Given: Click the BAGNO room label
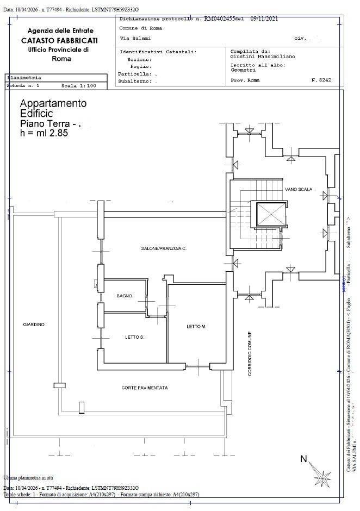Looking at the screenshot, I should point(124,296).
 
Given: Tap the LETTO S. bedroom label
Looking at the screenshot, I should point(134,338).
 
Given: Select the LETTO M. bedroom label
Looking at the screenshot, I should point(196,327).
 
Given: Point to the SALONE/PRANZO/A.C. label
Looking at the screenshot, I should point(164,248).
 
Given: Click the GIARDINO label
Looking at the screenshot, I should point(34,325).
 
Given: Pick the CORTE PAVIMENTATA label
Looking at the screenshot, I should point(145,388).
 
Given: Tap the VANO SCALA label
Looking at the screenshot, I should point(299,189).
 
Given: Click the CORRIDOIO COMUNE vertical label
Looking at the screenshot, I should point(249,354).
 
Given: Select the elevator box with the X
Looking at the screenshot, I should point(269,213).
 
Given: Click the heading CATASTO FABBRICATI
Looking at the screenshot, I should point(60,40).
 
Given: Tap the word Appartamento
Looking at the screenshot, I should point(53,103).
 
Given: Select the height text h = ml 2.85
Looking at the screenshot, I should point(44,133).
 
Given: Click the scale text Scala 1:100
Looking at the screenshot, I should point(78,86).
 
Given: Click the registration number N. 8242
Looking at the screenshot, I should point(321,80).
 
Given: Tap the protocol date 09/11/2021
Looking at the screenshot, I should point(264,18).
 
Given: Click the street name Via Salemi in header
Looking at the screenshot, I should point(134,39).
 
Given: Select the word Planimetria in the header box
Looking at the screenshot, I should point(24,78).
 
